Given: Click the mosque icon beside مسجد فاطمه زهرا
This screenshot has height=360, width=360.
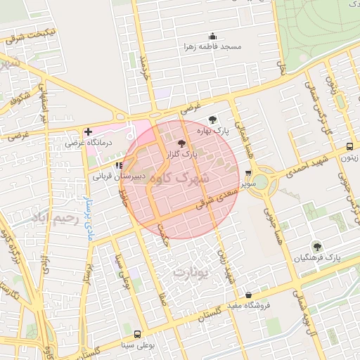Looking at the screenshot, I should [x=213, y=36].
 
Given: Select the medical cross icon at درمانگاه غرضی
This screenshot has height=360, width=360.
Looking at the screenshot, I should [x=87, y=131].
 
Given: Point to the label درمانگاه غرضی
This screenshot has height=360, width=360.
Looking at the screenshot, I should [x=86, y=142].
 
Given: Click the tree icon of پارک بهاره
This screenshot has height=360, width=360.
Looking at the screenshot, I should [x=213, y=120].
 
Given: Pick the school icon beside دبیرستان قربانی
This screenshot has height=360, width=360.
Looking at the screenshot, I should [x=127, y=165].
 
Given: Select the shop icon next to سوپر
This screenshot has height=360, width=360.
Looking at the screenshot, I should [x=248, y=173].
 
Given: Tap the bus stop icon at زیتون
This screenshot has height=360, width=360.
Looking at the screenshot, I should [x=350, y=147].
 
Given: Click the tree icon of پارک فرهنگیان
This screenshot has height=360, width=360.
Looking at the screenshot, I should [x=317, y=246].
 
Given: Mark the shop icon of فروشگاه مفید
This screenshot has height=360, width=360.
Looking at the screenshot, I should [x=248, y=295].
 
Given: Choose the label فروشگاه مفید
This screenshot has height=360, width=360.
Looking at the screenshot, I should [x=252, y=305].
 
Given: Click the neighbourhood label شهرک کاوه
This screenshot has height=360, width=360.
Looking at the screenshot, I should [x=181, y=179].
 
